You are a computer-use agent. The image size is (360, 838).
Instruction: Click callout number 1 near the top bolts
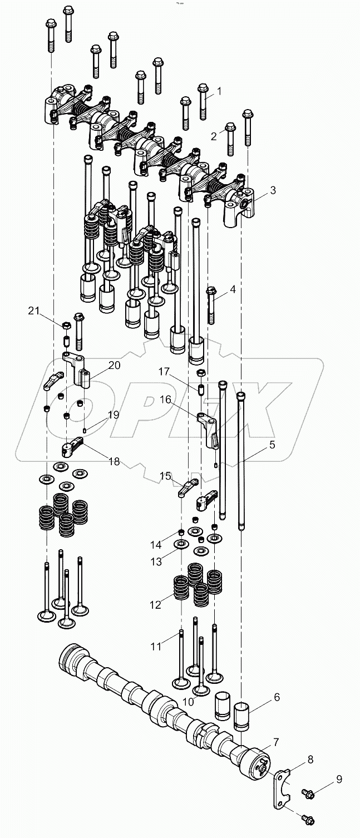click(219, 91)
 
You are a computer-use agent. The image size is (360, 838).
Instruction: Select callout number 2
click(214, 136)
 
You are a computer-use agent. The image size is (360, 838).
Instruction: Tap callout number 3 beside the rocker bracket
click(273, 190)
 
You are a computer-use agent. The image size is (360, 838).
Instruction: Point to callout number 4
click(233, 289)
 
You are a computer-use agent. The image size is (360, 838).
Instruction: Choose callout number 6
click(277, 697)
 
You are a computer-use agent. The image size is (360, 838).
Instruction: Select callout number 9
click(339, 779)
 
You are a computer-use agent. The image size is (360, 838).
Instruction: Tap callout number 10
click(188, 702)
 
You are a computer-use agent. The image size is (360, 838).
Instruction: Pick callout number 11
click(157, 647)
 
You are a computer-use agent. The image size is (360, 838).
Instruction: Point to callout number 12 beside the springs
click(156, 604)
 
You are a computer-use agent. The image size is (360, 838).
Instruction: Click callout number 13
click(156, 562)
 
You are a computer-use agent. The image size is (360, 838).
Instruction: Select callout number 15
click(166, 476)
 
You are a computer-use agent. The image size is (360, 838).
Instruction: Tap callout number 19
click(113, 414)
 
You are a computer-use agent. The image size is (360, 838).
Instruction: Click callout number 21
click(35, 312)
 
